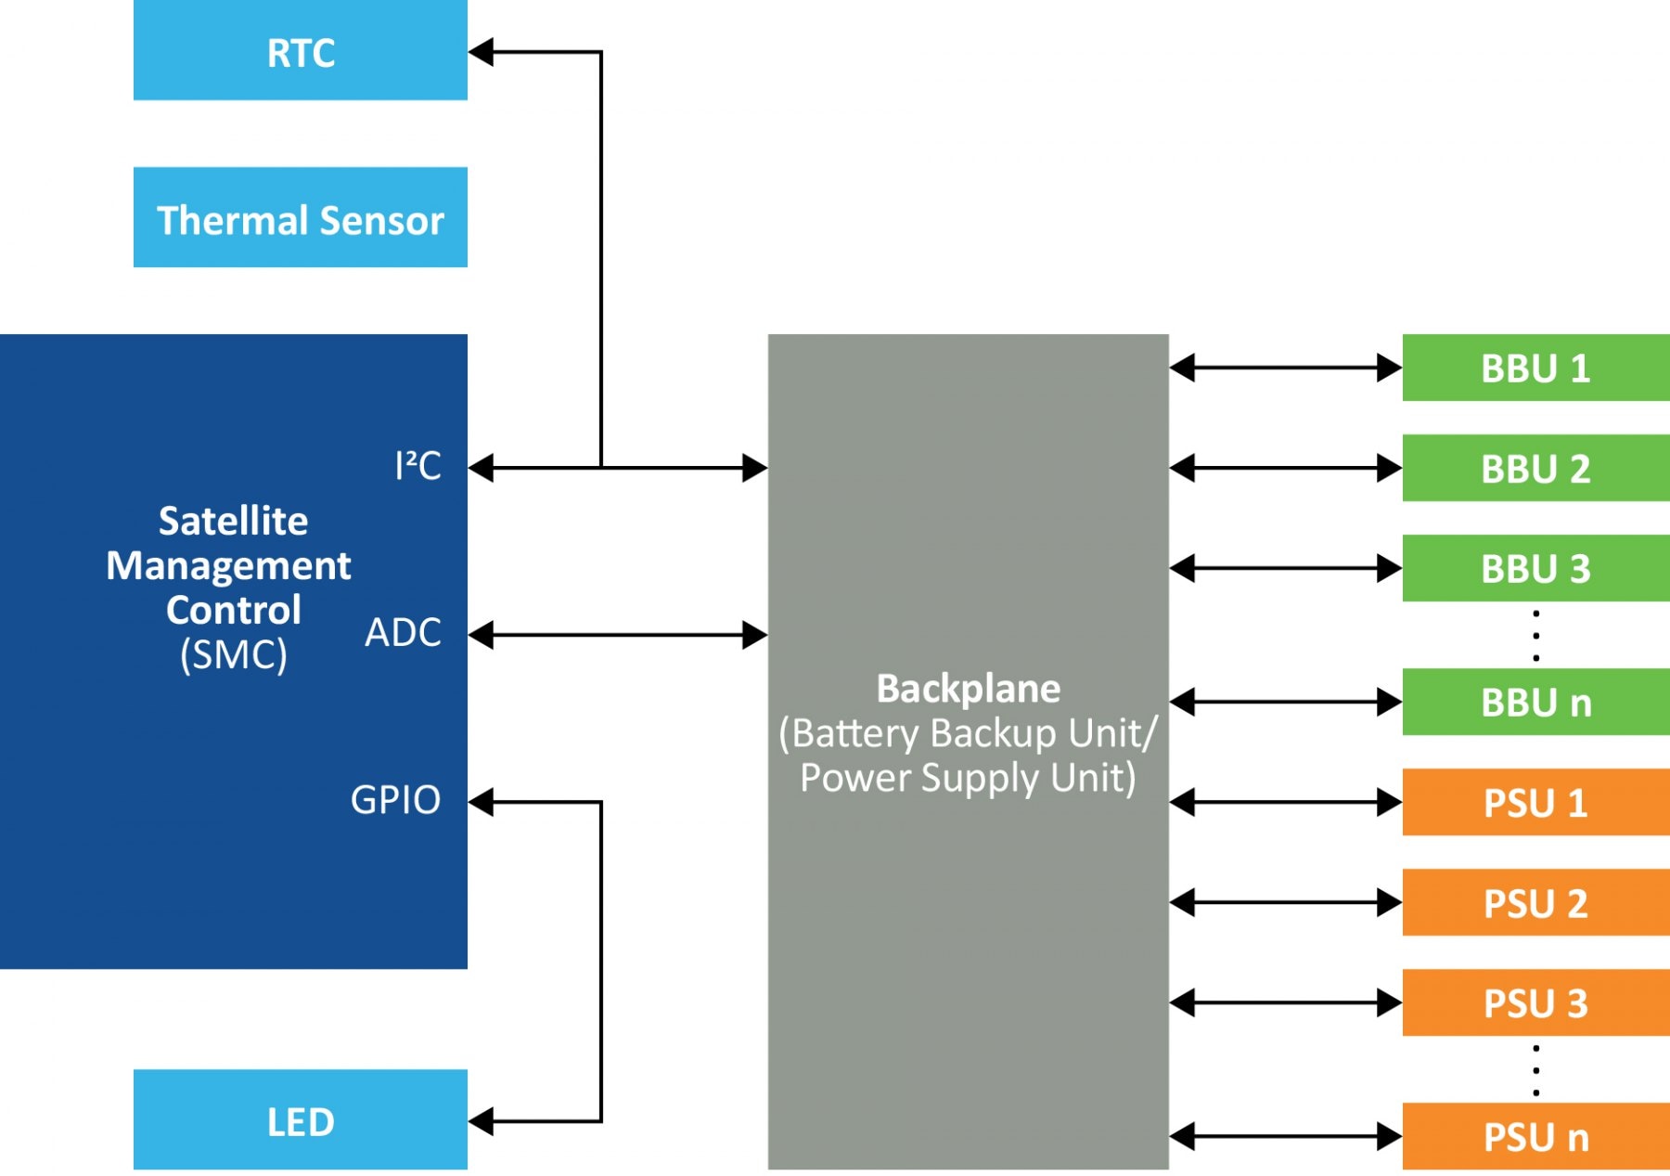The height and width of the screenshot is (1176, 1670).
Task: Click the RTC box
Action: tap(300, 51)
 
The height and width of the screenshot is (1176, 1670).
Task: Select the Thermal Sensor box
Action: tap(300, 218)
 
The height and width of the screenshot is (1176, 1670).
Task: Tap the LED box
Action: tap(300, 1120)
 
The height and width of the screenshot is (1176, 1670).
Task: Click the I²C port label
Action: tap(417, 466)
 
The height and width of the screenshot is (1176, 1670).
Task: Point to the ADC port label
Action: tap(403, 633)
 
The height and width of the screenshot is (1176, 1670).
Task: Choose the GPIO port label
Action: tap(395, 800)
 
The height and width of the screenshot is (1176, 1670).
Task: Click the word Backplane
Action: tap(968, 689)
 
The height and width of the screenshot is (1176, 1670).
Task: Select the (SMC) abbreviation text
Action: tap(234, 655)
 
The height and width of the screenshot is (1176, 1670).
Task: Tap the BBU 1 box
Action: tap(1535, 368)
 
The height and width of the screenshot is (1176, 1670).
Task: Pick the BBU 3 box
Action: tap(1535, 568)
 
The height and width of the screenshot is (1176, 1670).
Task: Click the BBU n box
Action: tap(1535, 703)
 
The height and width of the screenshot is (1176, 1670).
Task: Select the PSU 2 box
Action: tap(1535, 903)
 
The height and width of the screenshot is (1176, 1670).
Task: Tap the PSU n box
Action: tap(1535, 1137)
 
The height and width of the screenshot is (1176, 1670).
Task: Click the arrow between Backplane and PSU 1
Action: tap(1285, 802)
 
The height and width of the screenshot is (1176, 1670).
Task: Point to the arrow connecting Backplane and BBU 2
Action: tap(1285, 468)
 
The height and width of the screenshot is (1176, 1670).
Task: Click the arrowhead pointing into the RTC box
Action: tap(481, 52)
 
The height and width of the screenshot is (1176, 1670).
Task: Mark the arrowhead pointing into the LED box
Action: tap(481, 1121)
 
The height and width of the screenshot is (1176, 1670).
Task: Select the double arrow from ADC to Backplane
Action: tap(617, 635)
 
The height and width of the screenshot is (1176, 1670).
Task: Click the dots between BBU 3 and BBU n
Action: tap(1536, 636)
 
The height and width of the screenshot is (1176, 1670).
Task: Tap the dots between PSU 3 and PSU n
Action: tap(1536, 1070)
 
